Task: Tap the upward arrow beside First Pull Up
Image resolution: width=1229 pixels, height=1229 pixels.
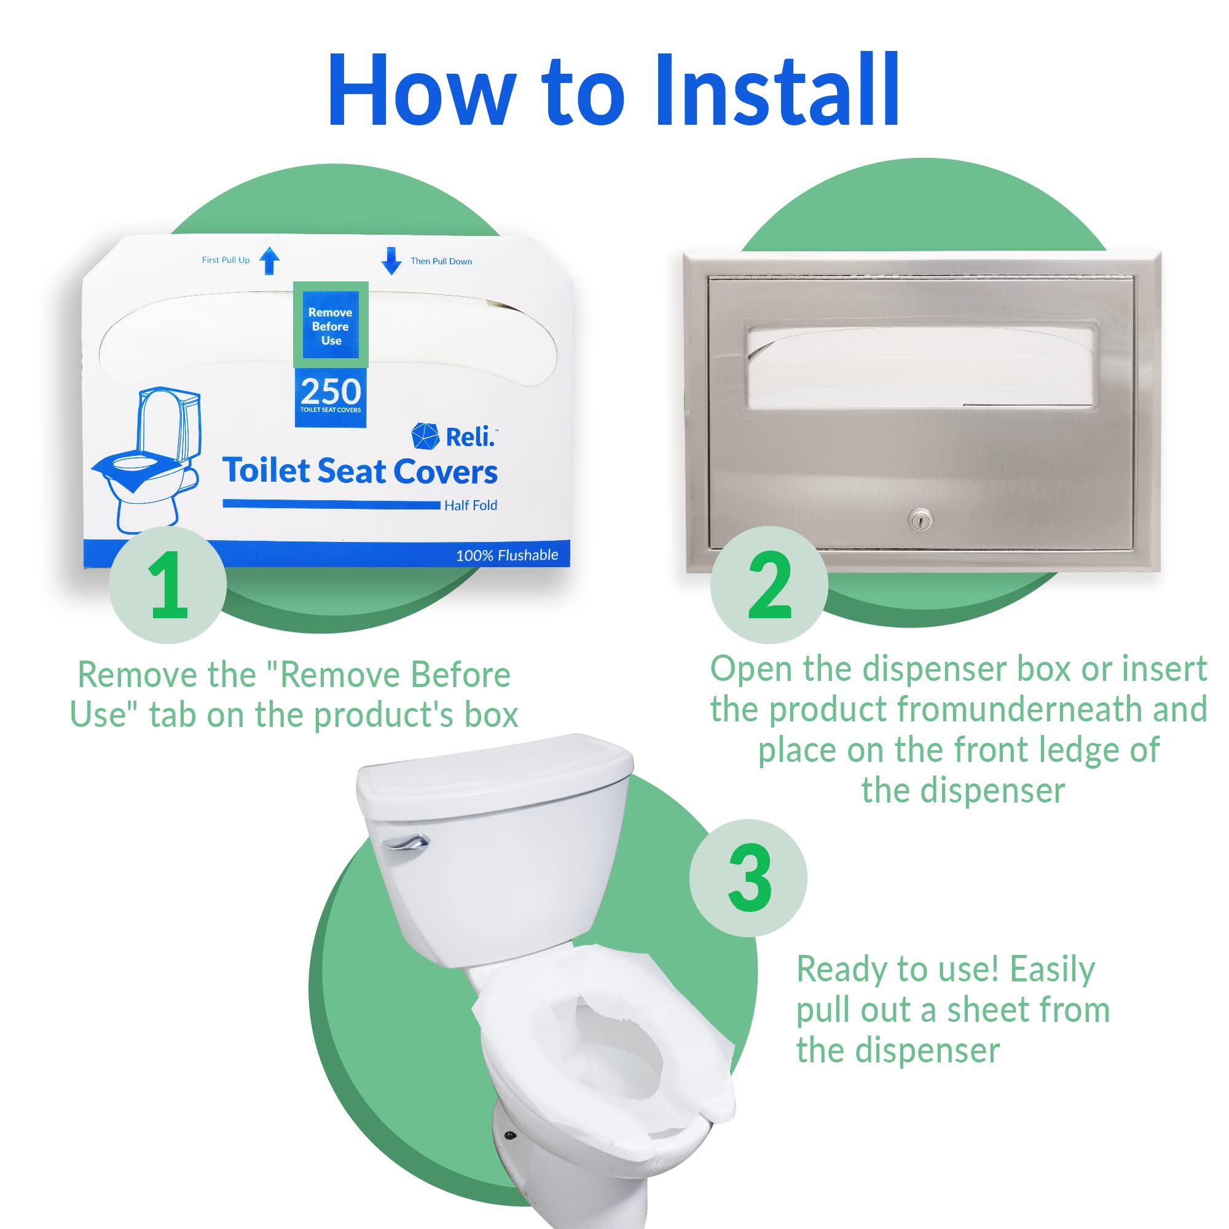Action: pos(270,261)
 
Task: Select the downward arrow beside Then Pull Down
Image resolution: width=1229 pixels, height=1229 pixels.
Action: pos(391,261)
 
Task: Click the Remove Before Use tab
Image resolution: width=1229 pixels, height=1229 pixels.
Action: pos(330,326)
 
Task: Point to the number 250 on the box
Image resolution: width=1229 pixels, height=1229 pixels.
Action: pos(330,392)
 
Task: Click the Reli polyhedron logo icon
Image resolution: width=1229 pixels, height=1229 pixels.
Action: pos(425,436)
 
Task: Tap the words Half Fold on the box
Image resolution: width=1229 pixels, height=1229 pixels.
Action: pos(470,505)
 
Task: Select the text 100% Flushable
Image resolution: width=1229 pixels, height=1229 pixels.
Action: pos(506,556)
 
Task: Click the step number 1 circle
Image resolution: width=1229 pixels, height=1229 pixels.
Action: pos(168,585)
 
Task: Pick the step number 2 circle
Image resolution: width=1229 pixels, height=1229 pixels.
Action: pos(769,585)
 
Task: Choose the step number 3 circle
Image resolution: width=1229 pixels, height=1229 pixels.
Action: pos(748,879)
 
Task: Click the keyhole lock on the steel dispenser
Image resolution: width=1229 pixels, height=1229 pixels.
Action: pos(920,520)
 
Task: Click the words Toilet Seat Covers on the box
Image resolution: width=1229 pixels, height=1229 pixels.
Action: pos(360,471)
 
